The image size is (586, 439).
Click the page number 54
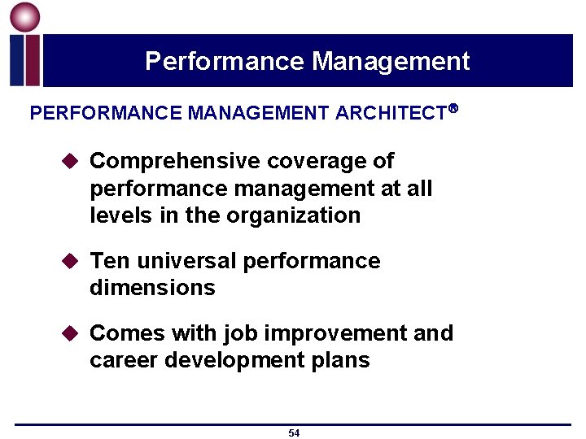(x=294, y=433)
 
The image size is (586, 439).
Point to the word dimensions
(x=152, y=288)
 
